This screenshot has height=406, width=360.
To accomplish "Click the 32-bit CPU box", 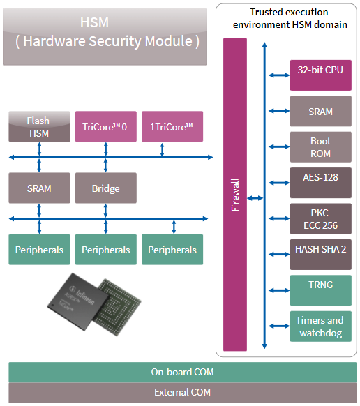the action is pos(321,75).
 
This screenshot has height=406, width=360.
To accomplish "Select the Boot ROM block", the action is pos(321,147).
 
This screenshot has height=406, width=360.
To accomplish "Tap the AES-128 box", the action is pos(321,183).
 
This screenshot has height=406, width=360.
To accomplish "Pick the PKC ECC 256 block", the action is pos(321,219).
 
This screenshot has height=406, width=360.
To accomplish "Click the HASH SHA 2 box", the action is pos(321,255).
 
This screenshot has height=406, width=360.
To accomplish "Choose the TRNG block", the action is pos(321,290).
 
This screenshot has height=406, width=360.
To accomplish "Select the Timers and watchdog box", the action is pos(321,326).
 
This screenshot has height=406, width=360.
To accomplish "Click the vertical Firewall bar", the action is pos(235,195).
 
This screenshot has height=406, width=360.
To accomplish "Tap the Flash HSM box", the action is pos(39,127).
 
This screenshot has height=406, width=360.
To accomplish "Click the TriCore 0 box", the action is pos(106,127).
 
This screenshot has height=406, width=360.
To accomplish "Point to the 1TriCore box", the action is pos(172,127).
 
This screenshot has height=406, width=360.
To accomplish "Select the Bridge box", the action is pos(106,188).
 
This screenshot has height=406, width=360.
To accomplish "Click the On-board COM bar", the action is pos(183,372).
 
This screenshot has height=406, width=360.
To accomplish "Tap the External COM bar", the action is pos(183,393).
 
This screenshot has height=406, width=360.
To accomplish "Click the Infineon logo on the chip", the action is pos(82,295).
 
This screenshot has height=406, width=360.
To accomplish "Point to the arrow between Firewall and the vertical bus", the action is pos(255,198).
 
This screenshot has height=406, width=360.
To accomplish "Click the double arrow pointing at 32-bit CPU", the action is pos(279,75).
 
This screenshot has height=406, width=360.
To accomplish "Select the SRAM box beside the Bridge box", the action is pos(39,188).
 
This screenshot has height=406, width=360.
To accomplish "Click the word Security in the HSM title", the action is pos(115,41).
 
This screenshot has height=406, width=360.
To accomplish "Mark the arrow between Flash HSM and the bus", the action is pos(39,149).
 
